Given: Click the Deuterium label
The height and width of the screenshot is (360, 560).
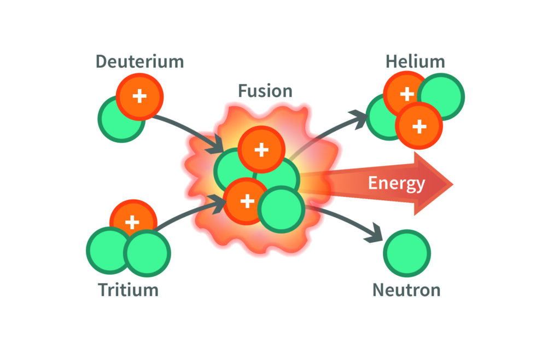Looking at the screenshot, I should (x=140, y=61).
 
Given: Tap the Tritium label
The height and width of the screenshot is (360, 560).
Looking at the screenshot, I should (x=128, y=289).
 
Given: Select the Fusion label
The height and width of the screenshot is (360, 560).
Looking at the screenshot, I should (x=265, y=90).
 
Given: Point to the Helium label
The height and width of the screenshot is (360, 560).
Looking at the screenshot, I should (x=415, y=61).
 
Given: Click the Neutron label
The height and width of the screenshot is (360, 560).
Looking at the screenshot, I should (x=406, y=289).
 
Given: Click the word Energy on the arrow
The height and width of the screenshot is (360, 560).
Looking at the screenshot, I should (x=396, y=183).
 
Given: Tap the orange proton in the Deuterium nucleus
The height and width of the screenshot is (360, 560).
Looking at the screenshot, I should (x=140, y=97).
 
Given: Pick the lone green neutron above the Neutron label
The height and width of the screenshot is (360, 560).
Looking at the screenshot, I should (x=407, y=253).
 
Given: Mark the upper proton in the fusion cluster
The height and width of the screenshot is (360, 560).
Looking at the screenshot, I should (x=261, y=149).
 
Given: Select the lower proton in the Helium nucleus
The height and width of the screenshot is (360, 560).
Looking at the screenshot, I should (x=418, y=126).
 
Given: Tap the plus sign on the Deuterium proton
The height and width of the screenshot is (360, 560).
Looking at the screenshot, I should (x=140, y=97).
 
